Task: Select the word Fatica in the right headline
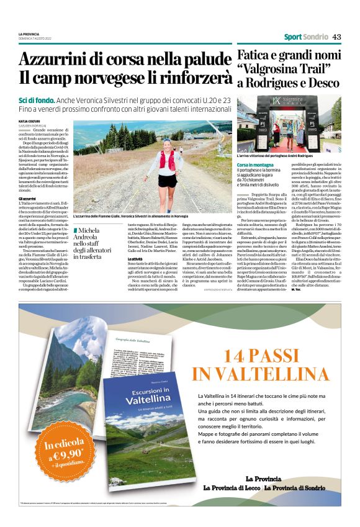(x=254, y=55)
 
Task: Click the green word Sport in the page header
(x=293, y=37)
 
